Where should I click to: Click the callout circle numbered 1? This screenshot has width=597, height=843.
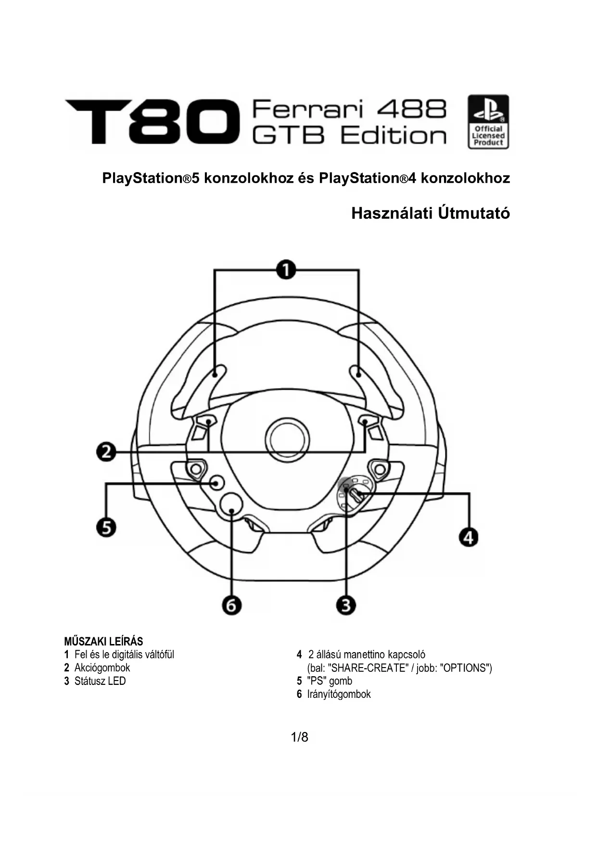coord(286,270)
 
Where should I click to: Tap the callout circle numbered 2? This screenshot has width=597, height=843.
coord(106,452)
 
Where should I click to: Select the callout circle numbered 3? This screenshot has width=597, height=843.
coord(346,605)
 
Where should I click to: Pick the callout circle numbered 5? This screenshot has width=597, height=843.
coord(106,527)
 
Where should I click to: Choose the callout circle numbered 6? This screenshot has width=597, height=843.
coord(231,606)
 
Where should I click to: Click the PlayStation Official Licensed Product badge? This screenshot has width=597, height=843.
coord(488,122)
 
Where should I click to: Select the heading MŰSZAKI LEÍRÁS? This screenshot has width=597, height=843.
coord(103,642)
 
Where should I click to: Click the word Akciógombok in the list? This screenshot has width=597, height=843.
coord(102,668)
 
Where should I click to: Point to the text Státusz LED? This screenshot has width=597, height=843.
coord(100,681)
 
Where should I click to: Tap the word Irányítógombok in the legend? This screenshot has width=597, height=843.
coord(339,694)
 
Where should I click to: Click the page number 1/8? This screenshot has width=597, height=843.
coord(299,737)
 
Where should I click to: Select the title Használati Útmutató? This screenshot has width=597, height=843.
coord(430,213)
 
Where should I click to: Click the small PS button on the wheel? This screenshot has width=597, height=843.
coord(217,483)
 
